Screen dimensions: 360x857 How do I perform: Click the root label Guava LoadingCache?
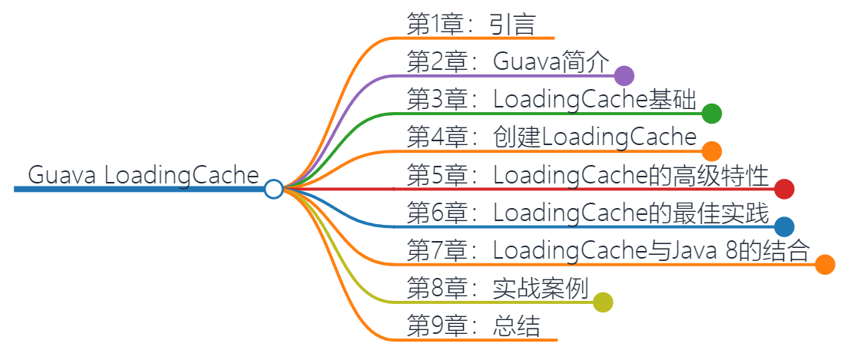tap(144, 175)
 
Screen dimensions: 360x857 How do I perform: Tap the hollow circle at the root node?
tap(273, 189)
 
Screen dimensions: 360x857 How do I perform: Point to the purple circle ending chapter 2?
tap(624, 75)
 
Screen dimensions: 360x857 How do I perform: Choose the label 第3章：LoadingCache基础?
tap(551, 100)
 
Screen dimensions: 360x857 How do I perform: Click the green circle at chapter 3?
tap(712, 113)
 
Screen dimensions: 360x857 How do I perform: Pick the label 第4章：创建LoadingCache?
tap(551, 137)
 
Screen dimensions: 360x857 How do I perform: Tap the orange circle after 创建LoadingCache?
tap(712, 150)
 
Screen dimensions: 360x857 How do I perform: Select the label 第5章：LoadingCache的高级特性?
tap(587, 176)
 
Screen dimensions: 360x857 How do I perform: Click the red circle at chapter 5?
tap(784, 189)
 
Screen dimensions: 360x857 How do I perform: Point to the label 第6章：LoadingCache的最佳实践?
tap(587, 213)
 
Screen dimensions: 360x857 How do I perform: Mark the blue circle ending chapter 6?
tap(784, 226)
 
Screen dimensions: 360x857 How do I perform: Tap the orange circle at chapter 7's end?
tap(825, 264)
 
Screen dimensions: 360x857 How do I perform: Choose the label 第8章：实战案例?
tap(497, 289)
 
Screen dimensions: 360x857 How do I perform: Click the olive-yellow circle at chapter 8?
tap(603, 302)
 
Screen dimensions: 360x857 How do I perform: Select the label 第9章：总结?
tap(473, 326)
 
